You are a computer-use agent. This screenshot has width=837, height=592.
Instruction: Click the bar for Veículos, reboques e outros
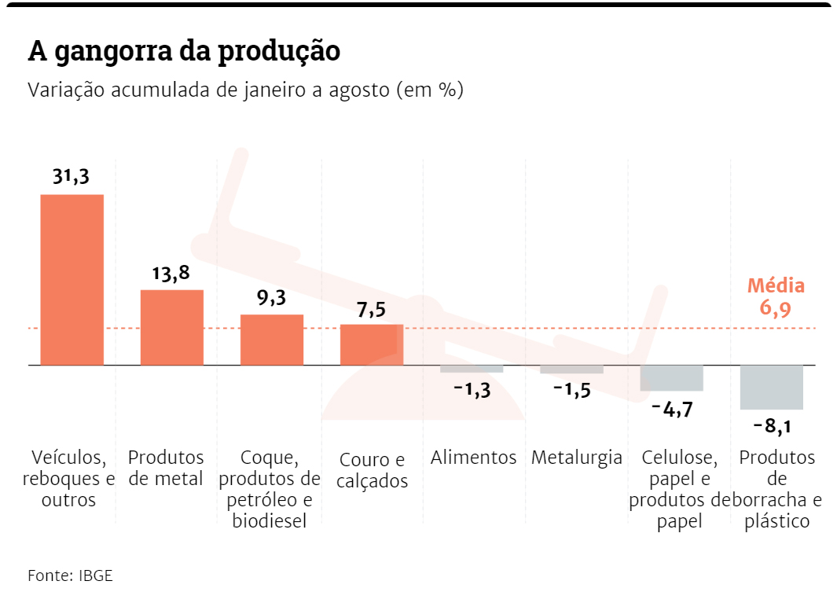pos(72,279)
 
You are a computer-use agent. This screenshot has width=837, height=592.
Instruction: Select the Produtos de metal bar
pos(171,327)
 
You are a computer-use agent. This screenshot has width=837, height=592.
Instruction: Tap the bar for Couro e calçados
pos(371,344)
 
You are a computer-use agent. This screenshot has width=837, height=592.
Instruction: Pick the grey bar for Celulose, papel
pos(671,378)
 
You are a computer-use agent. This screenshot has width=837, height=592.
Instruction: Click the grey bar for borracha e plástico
pos(771,387)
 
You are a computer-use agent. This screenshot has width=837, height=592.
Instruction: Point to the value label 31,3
pos(71,177)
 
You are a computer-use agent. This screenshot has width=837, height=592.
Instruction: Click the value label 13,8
pos(171,274)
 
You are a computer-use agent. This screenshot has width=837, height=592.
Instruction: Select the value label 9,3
pos(271,298)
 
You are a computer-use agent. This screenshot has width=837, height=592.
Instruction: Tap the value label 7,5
pos(371,310)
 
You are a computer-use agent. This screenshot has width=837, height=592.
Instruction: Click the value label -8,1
pos(771,427)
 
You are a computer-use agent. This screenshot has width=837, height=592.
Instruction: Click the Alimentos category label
pos(473,458)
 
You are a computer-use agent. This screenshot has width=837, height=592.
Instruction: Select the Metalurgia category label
pos(576,458)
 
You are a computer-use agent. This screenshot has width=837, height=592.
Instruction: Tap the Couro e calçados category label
pos(372,470)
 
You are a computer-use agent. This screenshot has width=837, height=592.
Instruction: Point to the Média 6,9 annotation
pos(775,296)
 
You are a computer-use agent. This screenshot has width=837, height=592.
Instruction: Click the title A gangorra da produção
pos(184,50)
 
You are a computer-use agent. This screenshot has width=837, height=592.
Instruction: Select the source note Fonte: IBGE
pos(70,575)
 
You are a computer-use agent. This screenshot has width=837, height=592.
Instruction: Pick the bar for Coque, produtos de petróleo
pos(271,340)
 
